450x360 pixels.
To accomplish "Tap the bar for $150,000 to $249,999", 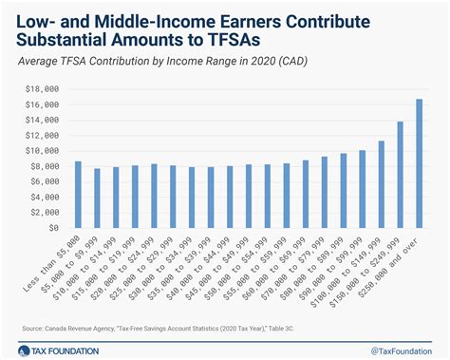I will (400, 175).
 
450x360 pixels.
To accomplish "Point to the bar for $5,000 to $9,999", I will (97, 199).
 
